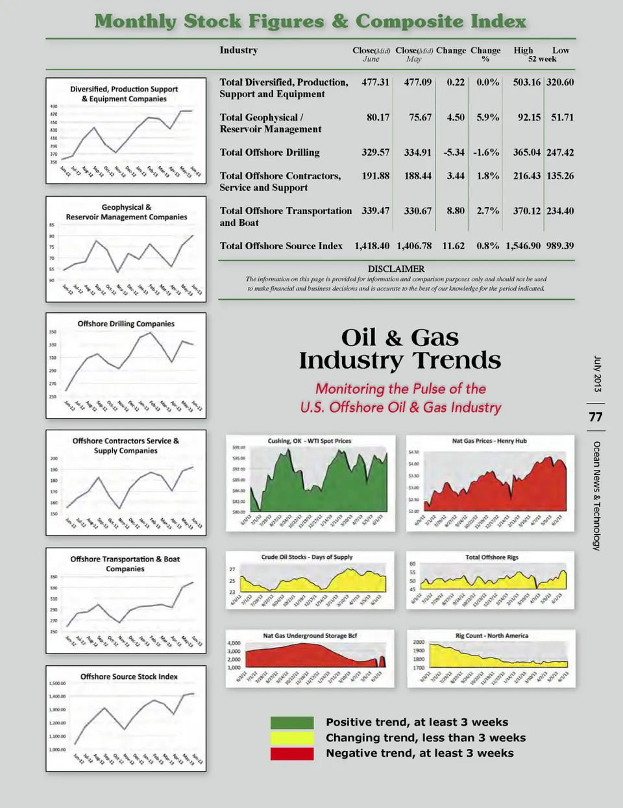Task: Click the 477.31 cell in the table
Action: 375,82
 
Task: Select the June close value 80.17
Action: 378,117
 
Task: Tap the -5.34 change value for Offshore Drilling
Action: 454,153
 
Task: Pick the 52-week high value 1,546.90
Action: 523,246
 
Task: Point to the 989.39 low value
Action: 560,246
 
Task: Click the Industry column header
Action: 238,50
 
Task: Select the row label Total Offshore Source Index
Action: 281,246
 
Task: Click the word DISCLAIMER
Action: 396,269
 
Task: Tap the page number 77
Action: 596,417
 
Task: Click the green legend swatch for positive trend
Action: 292,722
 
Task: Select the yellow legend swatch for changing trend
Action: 292,738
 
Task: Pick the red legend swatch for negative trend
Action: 292,753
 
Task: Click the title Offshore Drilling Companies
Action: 126,323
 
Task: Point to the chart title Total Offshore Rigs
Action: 491,557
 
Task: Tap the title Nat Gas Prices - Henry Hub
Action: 489,441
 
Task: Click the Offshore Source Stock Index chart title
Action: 128,676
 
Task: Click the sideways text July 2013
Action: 597,374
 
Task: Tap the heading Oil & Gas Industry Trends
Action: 400,349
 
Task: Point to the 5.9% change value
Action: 487,117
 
